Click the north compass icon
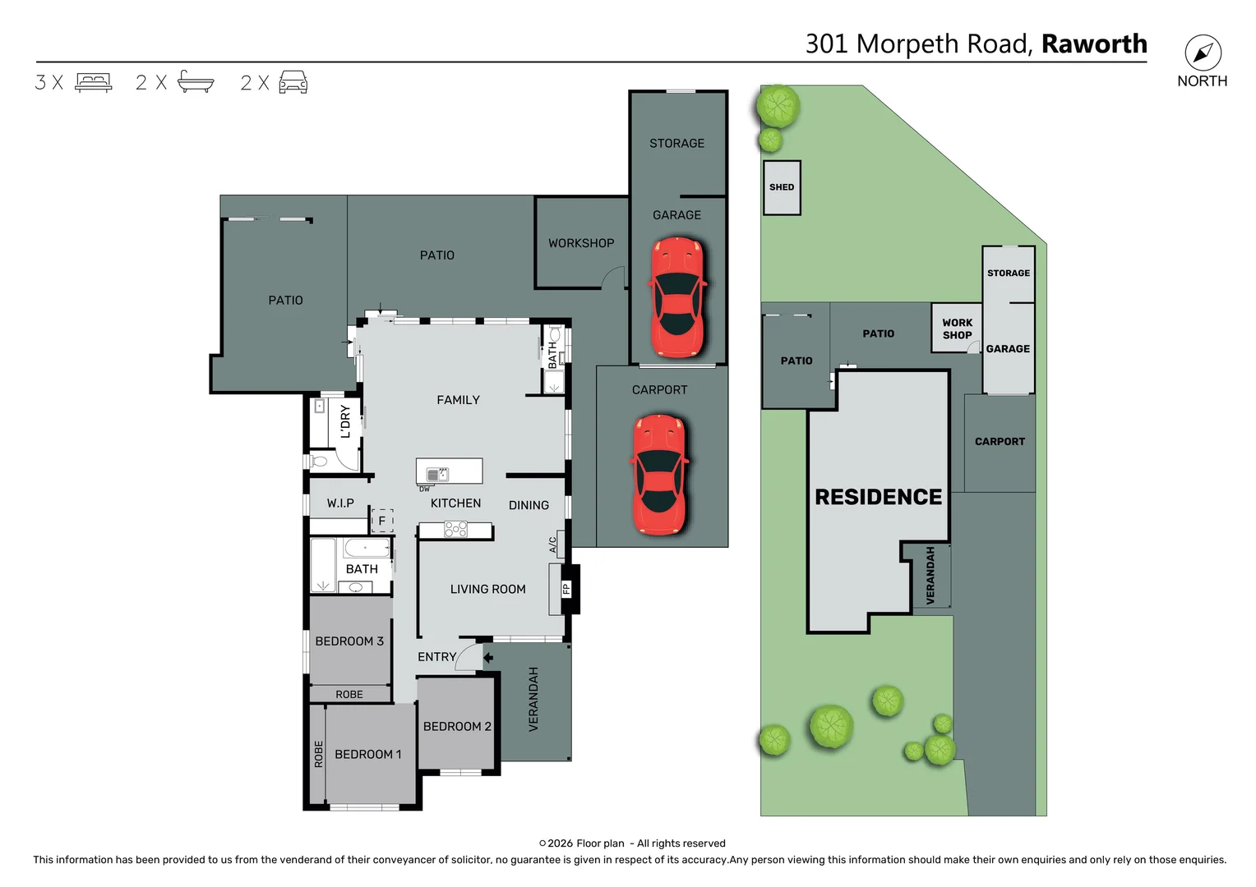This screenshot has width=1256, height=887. pos(1203,53)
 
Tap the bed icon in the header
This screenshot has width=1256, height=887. pos(93,83)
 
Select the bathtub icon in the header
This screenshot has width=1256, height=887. pos(196,82)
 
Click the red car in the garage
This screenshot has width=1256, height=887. pos(677,297)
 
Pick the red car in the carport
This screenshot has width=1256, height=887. pos(658,475)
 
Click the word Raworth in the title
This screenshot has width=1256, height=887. pos(1093,44)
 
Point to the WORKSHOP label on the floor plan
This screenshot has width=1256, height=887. pos(581,243)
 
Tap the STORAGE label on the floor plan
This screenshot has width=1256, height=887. pos(676,143)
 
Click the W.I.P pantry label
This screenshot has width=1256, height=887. pos(340,503)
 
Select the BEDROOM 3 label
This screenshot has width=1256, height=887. pos(349,641)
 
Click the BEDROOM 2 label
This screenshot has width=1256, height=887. pos(457,726)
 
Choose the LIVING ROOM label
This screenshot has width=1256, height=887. pos(487,589)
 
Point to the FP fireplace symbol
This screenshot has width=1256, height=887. pos(566,588)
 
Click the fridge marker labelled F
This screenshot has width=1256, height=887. pos(381,520)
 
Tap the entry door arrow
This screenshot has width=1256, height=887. pos(487,657)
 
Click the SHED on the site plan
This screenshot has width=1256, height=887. pos(782,187)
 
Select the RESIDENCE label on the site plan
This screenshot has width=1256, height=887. pos(878,497)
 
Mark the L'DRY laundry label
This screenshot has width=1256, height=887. pos(345,421)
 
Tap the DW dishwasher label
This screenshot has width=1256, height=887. pos(424,489)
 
